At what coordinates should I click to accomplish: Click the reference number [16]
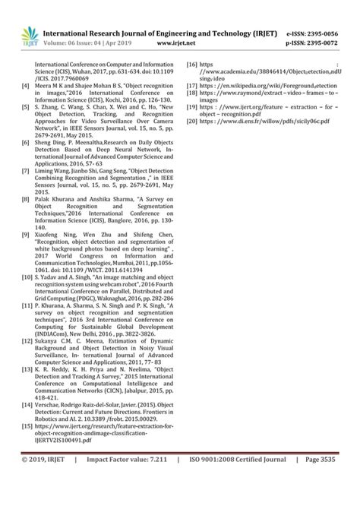pos(192,65)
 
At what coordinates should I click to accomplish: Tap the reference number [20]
pos(192,121)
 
